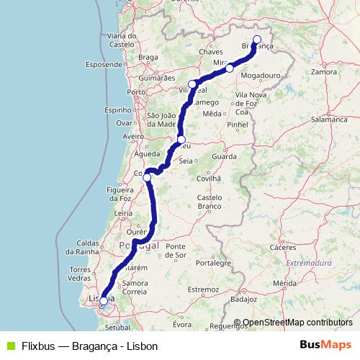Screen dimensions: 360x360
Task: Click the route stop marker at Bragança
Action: [x=257, y=40]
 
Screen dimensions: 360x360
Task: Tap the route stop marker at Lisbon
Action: [x=104, y=301]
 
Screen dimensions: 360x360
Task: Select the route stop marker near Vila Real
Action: [x=193, y=84]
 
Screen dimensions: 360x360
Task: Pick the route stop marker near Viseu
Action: [x=181, y=140]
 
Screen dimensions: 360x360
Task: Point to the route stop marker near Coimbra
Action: [x=147, y=177]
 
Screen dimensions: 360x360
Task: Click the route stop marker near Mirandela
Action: [x=229, y=68]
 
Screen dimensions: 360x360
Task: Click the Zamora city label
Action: [x=324, y=72]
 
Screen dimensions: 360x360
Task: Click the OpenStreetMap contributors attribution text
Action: [x=297, y=323]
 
